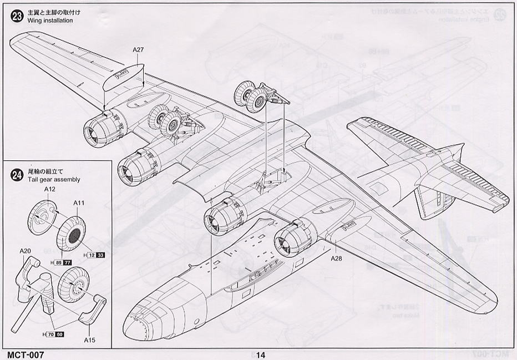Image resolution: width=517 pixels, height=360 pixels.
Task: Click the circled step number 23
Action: click(17, 16)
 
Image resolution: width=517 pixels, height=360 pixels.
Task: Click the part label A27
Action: click(139, 50)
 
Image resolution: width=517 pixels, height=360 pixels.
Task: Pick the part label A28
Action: click(337, 258)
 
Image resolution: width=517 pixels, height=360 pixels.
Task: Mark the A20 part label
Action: click(26, 251)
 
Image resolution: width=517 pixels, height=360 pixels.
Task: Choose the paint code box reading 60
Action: click(59, 335)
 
